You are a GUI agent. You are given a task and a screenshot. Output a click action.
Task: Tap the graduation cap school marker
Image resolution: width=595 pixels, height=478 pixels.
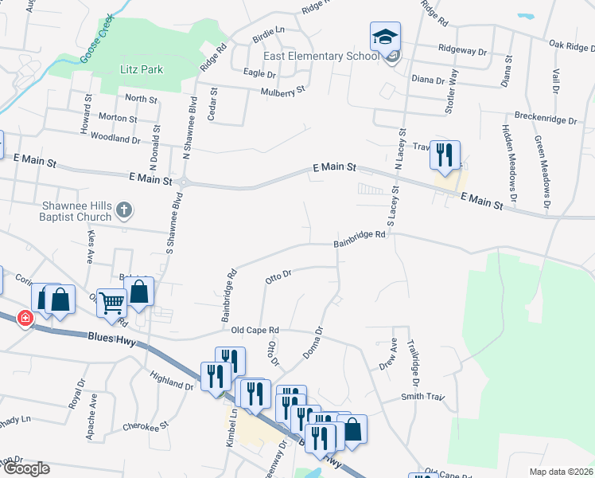coord(385,37)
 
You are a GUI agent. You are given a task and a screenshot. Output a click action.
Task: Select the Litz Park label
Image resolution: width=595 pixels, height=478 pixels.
coord(142,69)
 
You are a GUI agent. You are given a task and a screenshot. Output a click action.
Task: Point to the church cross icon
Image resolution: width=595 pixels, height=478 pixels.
coord(123,210)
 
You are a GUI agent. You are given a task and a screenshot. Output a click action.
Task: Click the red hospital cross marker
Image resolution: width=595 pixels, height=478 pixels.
coord(25,318)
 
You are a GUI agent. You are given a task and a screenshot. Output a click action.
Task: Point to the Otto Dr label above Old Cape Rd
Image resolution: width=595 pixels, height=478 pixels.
coord(278,276)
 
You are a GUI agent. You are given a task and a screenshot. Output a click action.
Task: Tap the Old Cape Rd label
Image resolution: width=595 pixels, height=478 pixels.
coord(255,330)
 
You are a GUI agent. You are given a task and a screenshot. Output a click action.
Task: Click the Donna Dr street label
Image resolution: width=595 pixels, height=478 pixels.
coord(313,342)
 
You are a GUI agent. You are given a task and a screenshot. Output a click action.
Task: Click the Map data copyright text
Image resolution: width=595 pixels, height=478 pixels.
coord(561,472)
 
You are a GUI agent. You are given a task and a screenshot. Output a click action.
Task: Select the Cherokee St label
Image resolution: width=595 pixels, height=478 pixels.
coord(146,426)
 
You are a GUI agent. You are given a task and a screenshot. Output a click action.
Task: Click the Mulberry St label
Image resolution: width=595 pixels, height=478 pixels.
coord(283,92)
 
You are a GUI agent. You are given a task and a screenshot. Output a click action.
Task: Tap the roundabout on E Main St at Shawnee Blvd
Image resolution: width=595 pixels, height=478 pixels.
coord(184,182)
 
